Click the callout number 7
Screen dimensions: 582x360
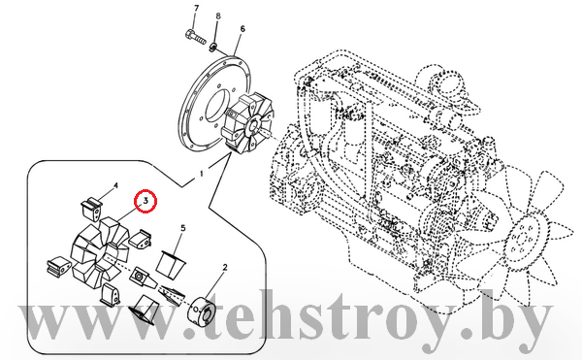[196, 8]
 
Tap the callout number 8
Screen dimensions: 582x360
[218, 16]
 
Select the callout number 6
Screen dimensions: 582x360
[242, 29]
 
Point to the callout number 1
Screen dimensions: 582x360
[202, 174]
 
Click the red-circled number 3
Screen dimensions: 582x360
[145, 201]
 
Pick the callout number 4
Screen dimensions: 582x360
[115, 185]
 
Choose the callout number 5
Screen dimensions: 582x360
[183, 227]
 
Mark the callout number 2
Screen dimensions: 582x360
[225, 267]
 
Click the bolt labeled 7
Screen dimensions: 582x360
[195, 36]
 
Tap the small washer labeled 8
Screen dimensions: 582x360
[213, 48]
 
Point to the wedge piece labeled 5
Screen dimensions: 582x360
[171, 265]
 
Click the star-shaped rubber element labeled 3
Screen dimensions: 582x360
[100, 252]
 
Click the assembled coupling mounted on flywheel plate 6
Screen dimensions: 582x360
[248, 123]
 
